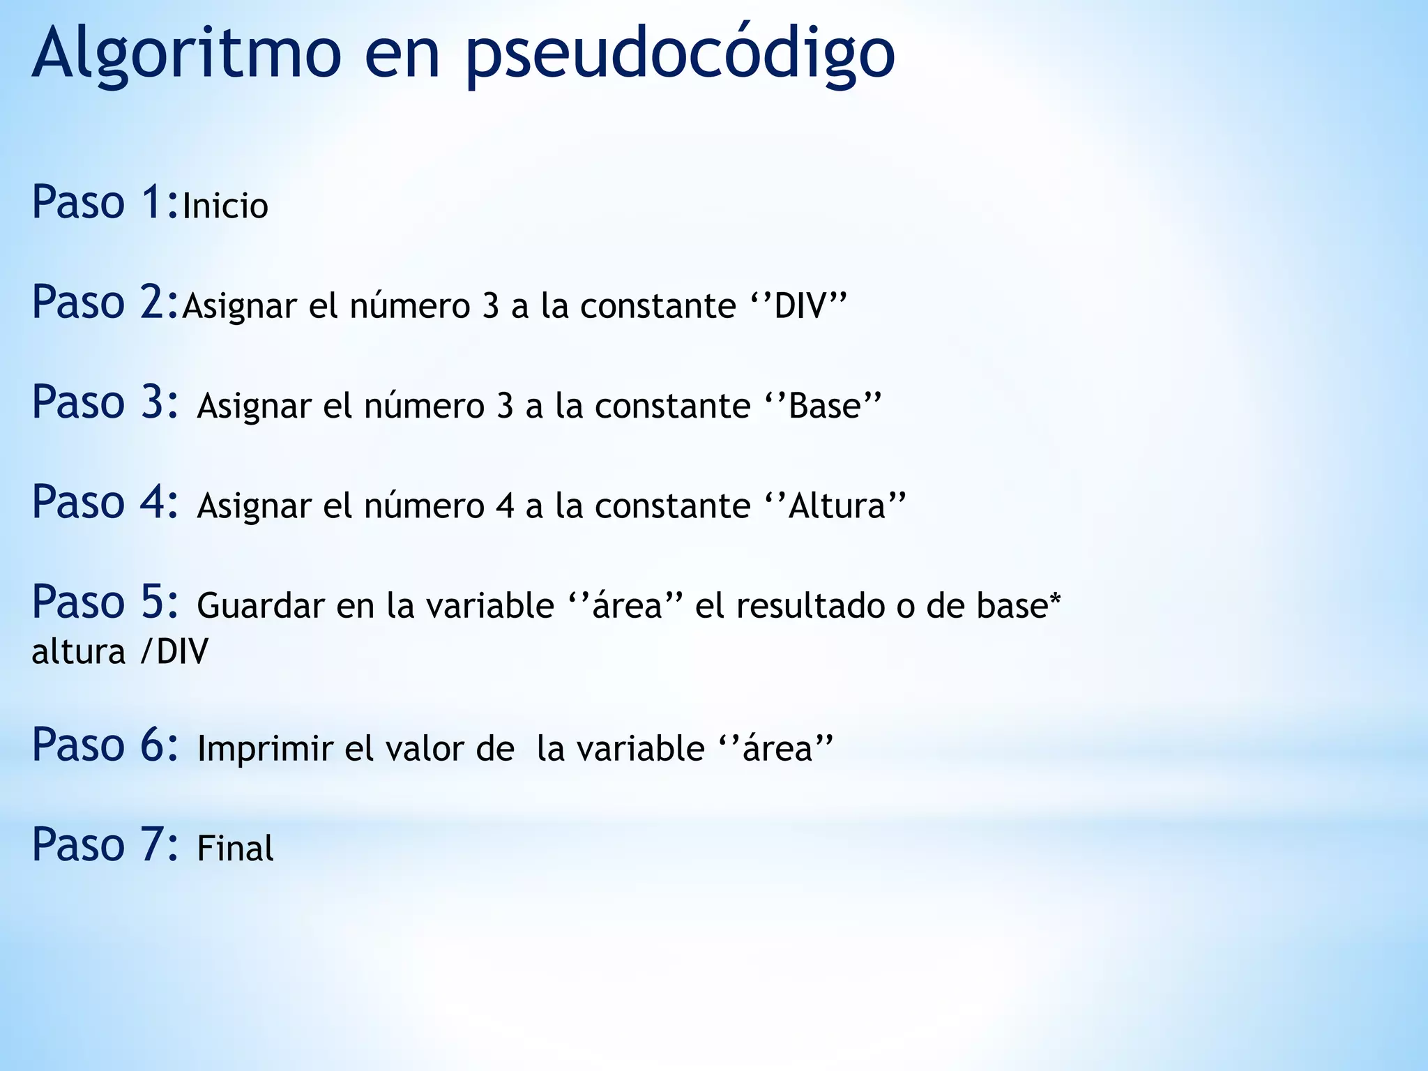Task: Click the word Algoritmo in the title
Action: (x=186, y=54)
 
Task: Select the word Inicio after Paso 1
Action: (x=225, y=206)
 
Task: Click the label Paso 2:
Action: (x=105, y=303)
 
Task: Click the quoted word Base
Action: (x=825, y=406)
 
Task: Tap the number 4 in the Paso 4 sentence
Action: (x=505, y=506)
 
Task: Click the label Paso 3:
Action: (x=105, y=402)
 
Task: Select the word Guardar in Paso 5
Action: (x=261, y=605)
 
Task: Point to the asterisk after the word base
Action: (x=1055, y=598)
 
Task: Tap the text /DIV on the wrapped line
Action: (x=174, y=652)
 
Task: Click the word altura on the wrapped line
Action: (x=78, y=652)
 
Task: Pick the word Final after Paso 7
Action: (x=235, y=849)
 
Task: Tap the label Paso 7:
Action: (x=105, y=845)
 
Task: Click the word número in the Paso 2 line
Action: (x=410, y=306)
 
